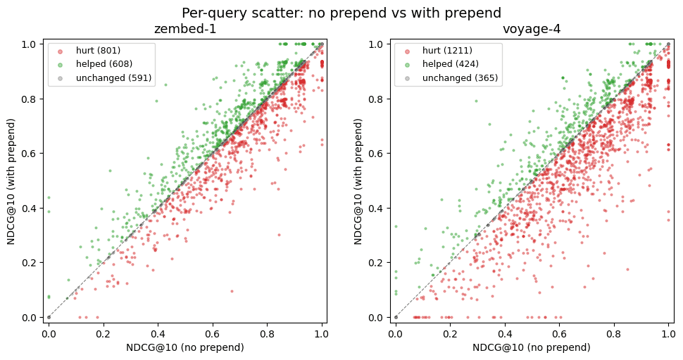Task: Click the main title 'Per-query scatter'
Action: point(341,13)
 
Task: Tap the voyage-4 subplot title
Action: point(532,30)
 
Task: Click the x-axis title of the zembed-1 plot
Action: point(184,347)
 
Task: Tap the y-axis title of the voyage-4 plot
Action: point(358,181)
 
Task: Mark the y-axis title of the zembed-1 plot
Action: point(11,181)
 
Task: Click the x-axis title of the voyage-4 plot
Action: point(532,347)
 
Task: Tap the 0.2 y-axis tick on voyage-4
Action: point(375,263)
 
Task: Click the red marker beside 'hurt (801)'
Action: point(60,51)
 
